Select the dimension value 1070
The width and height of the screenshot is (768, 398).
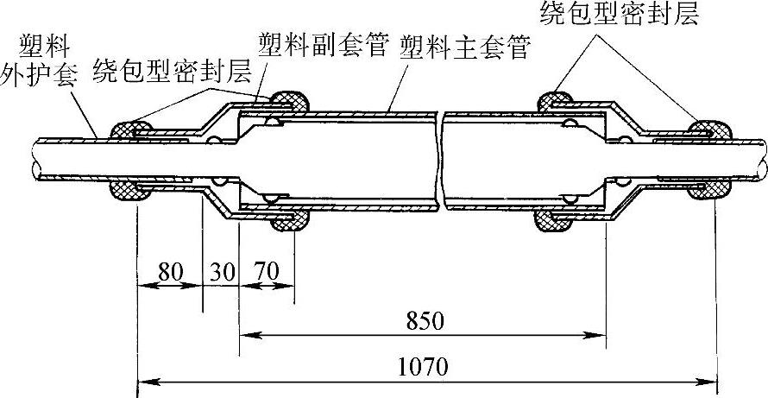click(422, 367)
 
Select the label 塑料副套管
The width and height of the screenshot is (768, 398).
click(324, 42)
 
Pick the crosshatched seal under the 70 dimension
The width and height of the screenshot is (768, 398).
click(291, 222)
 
